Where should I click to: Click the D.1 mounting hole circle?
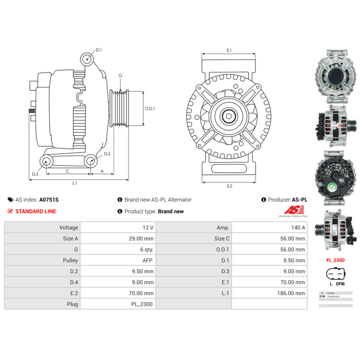tap(86, 58)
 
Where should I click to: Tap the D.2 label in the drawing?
tap(107, 154)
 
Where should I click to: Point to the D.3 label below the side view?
tap(35, 174)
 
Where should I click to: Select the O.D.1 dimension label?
tap(150, 108)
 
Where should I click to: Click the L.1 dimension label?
tap(75, 183)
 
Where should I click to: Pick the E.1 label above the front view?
tap(229, 51)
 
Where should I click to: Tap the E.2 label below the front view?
tap(229, 186)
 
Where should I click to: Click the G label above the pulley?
tap(120, 76)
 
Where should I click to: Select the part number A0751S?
tap(49, 199)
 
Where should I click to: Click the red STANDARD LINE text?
tap(36, 211)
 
